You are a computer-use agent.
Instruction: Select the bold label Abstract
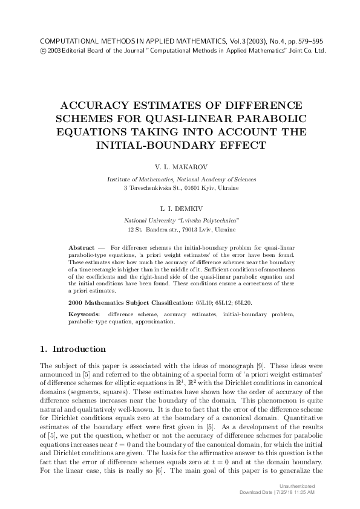pos(82,248)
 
